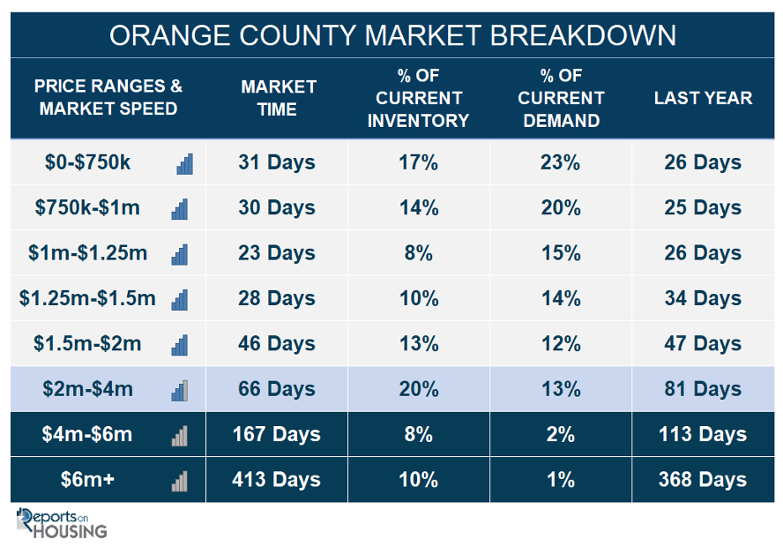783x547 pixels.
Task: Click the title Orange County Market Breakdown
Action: [392, 35]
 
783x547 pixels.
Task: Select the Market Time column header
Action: [278, 98]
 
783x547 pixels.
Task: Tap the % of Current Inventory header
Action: [419, 98]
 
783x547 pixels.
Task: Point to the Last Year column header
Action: [703, 98]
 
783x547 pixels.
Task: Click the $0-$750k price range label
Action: [87, 162]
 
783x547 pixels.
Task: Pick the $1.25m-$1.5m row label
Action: [87, 298]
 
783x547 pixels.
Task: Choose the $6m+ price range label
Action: [87, 480]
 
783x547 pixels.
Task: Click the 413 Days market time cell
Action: [276, 480]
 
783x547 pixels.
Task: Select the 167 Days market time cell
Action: [276, 434]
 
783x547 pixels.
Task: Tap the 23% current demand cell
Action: [560, 162]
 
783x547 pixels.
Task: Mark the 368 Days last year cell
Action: [703, 480]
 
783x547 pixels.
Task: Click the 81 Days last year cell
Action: [703, 389]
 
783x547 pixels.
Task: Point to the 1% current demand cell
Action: [560, 480]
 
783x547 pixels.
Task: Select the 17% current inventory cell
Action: [419, 162]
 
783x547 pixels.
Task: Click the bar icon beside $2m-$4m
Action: [180, 391]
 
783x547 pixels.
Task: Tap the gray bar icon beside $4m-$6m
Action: [180, 436]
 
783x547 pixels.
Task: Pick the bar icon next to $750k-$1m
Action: [180, 209]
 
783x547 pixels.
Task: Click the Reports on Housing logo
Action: [62, 523]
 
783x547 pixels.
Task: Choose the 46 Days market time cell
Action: [276, 344]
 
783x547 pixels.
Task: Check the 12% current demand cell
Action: [560, 344]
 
